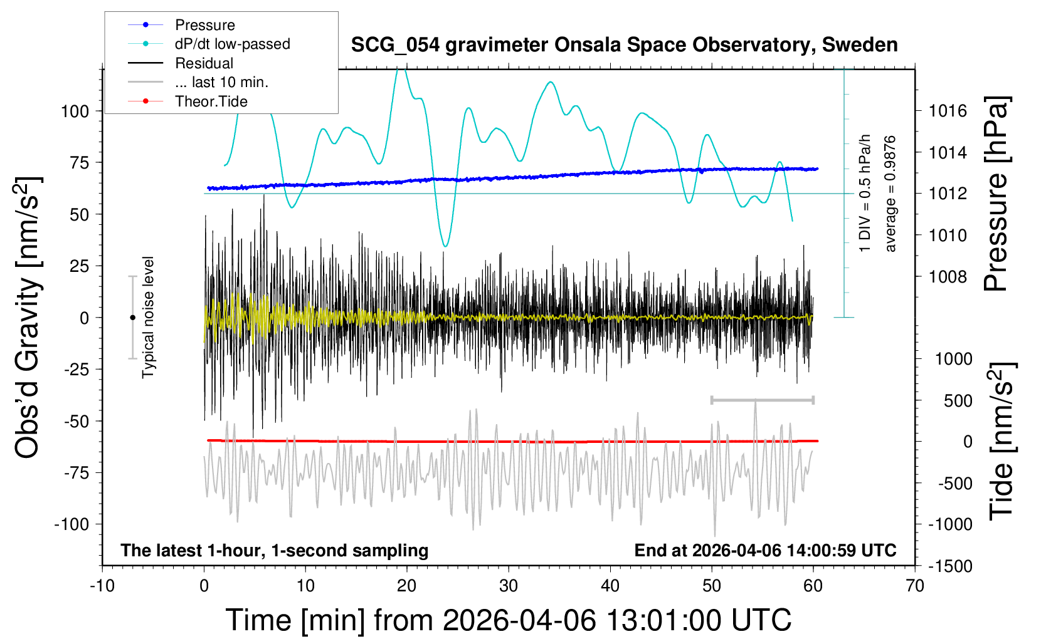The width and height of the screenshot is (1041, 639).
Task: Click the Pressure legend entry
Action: pyautogui.click(x=204, y=25)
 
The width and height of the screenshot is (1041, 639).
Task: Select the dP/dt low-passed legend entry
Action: pyautogui.click(x=232, y=44)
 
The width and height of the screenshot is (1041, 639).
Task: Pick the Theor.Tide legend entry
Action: pyautogui.click(x=211, y=101)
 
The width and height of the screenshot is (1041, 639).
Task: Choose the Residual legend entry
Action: pyautogui.click(x=204, y=63)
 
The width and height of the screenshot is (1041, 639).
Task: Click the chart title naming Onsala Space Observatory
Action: pyautogui.click(x=624, y=45)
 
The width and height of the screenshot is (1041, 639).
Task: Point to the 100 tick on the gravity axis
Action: pyautogui.click(x=75, y=112)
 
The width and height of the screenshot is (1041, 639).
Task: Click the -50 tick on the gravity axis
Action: pyautogui.click(x=77, y=421)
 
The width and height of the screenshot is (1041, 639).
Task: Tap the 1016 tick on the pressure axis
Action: pyautogui.click(x=948, y=112)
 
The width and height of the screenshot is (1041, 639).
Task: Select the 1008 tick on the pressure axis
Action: pyautogui.click(x=948, y=277)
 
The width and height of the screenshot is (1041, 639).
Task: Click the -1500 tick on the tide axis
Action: pyautogui.click(x=949, y=566)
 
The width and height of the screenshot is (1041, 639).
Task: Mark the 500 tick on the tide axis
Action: pyautogui.click(x=958, y=401)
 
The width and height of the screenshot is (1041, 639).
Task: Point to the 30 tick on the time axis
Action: pyautogui.click(x=509, y=586)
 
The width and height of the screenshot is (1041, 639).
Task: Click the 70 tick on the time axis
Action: pyautogui.click(x=915, y=586)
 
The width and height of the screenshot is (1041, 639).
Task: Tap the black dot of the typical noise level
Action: pyautogui.click(x=132, y=318)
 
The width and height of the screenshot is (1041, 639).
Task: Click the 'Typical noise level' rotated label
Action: pyautogui.click(x=148, y=317)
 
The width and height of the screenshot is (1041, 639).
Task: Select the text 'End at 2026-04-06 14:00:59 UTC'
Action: pyautogui.click(x=765, y=551)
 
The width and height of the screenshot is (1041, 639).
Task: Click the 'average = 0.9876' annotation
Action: pyautogui.click(x=890, y=194)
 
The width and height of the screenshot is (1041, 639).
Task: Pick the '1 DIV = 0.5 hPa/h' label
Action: pyautogui.click(x=865, y=193)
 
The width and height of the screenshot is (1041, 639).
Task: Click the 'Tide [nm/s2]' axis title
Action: pyautogui.click(x=1001, y=442)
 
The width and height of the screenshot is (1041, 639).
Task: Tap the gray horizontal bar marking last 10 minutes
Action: pyautogui.click(x=762, y=400)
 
